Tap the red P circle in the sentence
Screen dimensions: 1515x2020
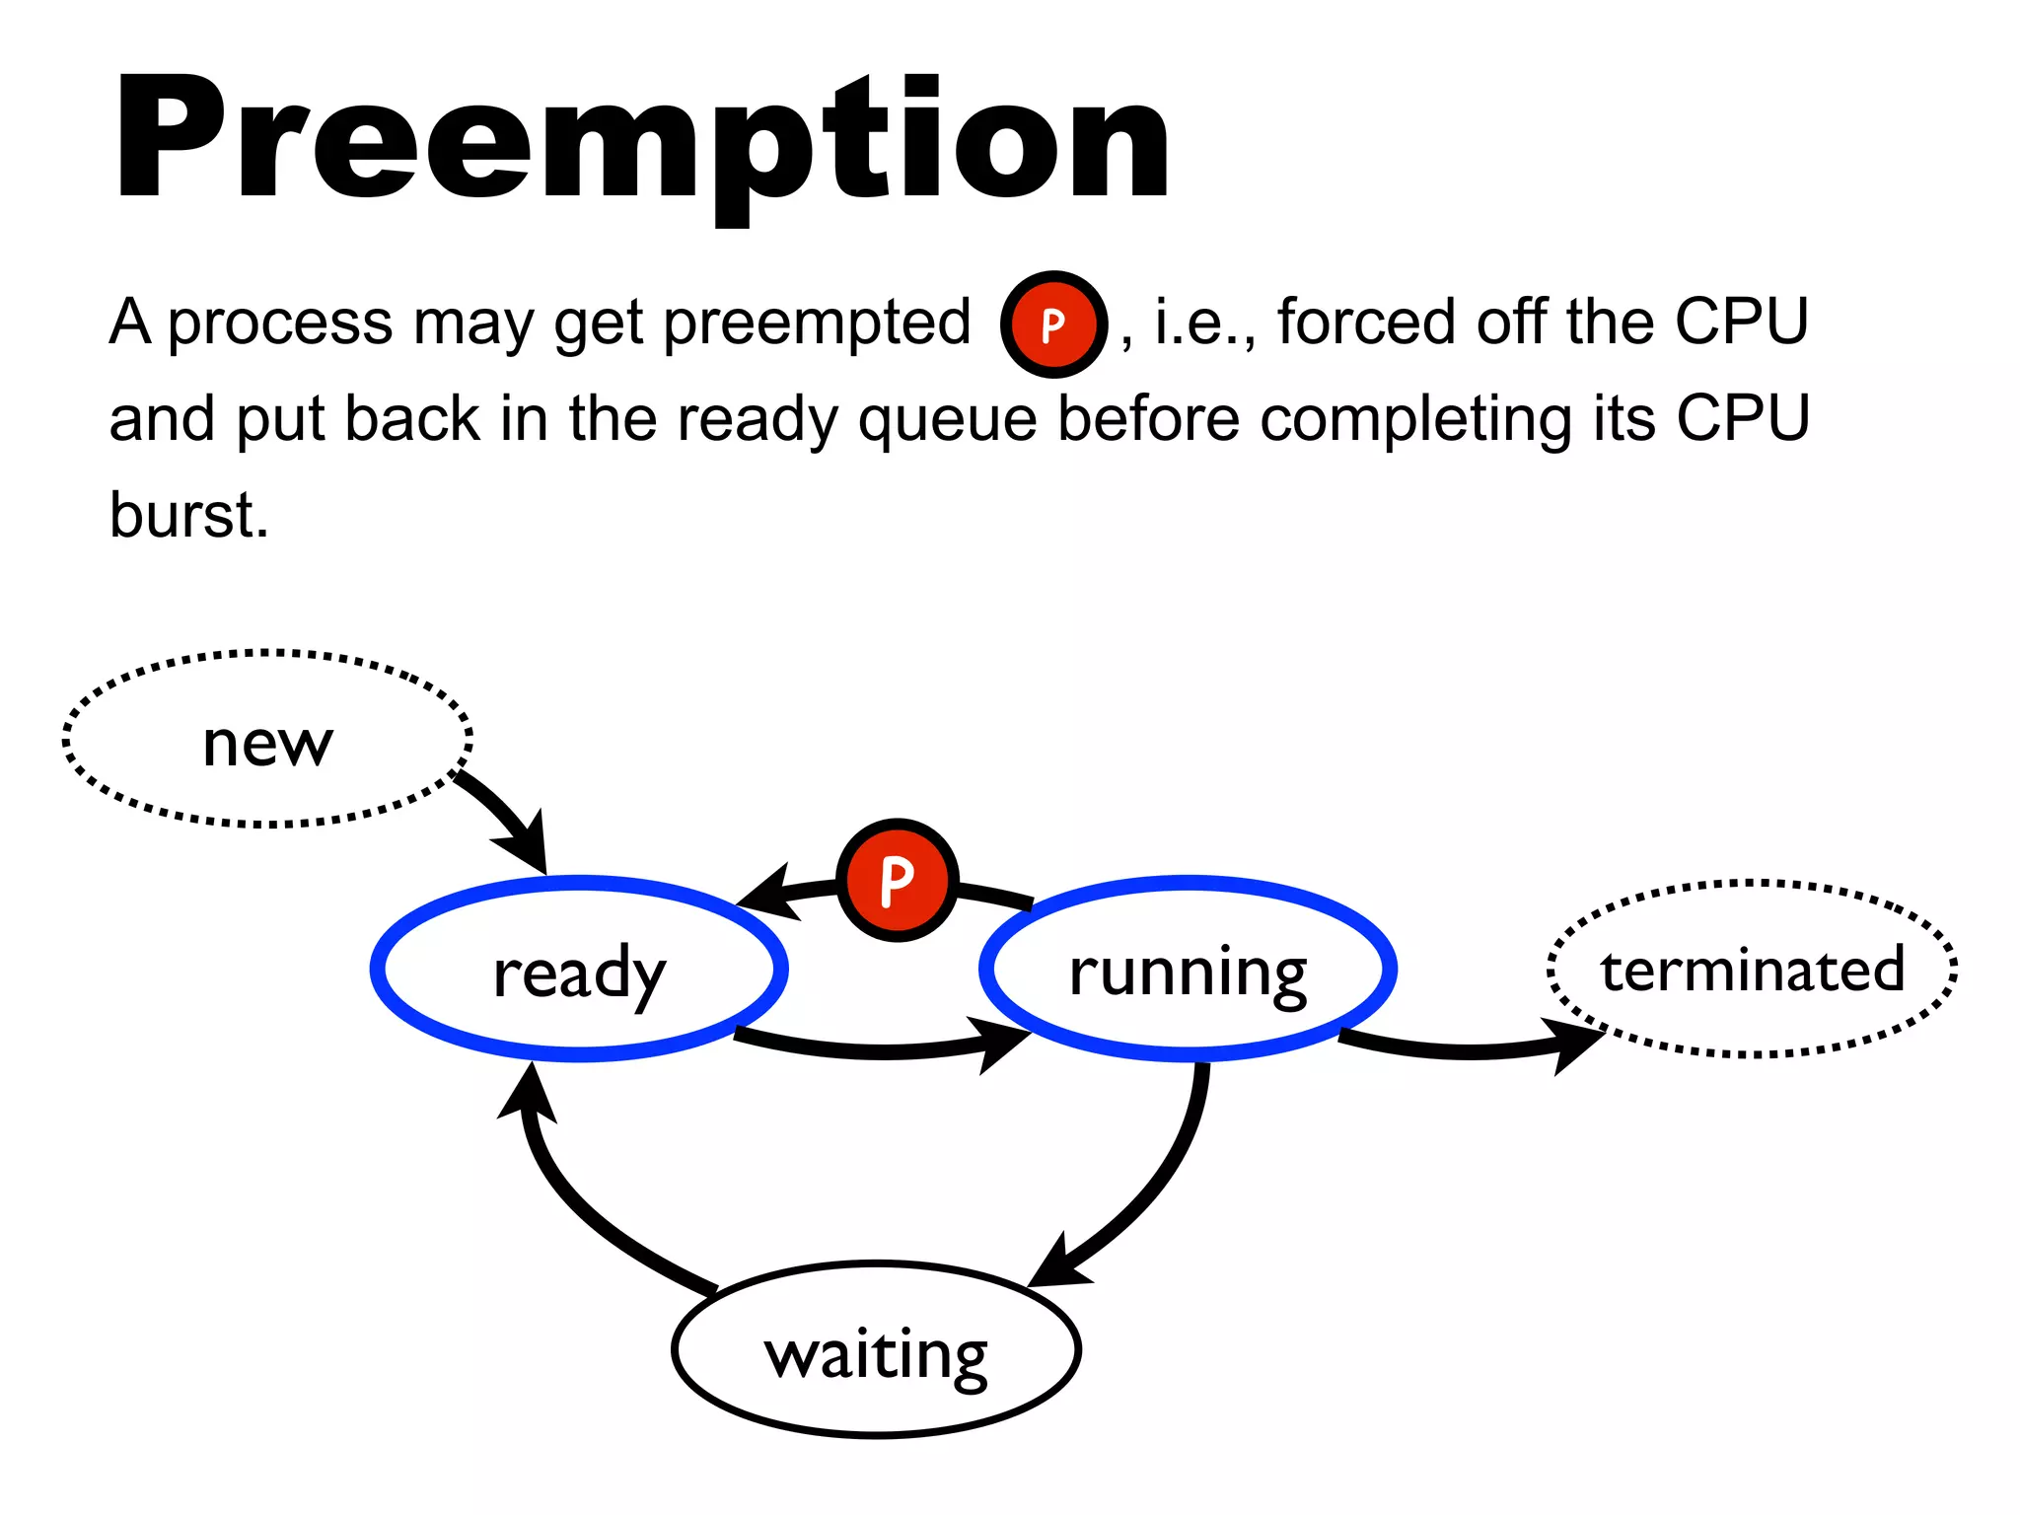pyautogui.click(x=1053, y=325)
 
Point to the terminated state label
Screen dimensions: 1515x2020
pyautogui.click(x=1752, y=969)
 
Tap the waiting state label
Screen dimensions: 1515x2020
pyautogui.click(x=876, y=1355)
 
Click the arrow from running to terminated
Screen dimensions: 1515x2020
pyautogui.click(x=1470, y=1051)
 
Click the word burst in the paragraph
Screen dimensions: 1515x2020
pyautogui.click(x=187, y=515)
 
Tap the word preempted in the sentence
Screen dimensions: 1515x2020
pyautogui.click(x=817, y=323)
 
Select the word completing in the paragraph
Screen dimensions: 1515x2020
pyautogui.click(x=1415, y=419)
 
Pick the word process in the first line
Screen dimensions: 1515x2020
pyautogui.click(x=280, y=323)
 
